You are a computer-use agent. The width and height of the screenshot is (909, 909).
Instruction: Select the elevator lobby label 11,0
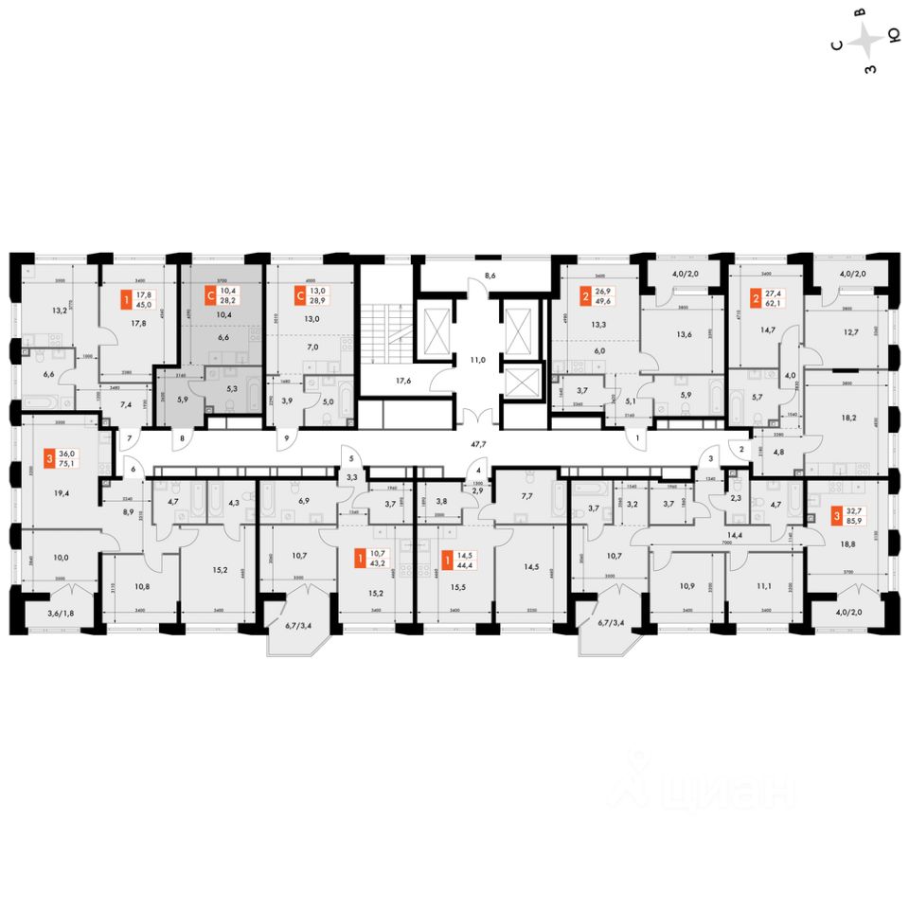pos(478,360)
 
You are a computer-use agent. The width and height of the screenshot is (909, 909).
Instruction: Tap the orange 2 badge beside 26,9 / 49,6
pos(573,295)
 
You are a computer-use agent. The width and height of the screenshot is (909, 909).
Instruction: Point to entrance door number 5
pos(350,461)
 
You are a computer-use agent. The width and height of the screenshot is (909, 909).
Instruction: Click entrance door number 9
pos(287,439)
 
